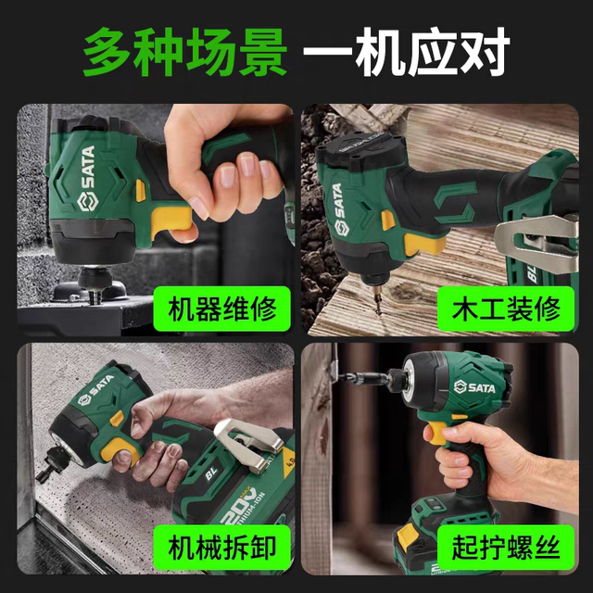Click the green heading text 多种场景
(185, 53)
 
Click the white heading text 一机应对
(408, 53)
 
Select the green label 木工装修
(500, 308)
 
